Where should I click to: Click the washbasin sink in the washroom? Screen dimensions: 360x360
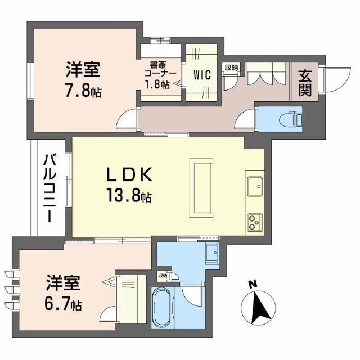click(x=212, y=254)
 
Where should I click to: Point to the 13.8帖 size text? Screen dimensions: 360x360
click(x=129, y=196)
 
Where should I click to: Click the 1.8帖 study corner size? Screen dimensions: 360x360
click(x=157, y=85)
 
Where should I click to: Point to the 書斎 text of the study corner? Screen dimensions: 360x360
click(x=157, y=64)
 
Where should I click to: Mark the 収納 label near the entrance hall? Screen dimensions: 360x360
click(x=231, y=68)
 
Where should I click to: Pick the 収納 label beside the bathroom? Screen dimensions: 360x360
click(x=162, y=276)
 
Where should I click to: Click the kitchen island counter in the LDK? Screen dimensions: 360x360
click(x=201, y=188)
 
